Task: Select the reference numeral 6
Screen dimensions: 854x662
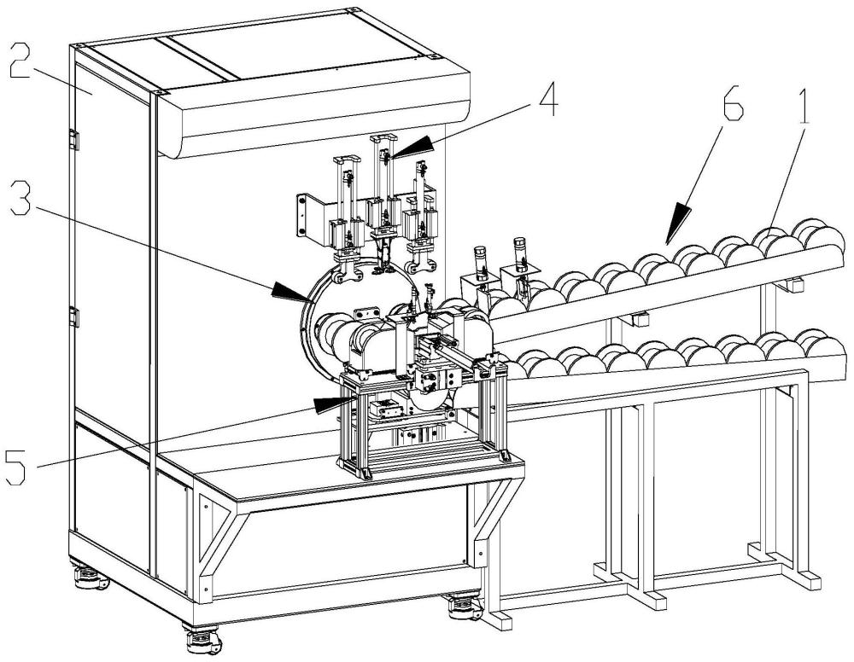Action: point(732,102)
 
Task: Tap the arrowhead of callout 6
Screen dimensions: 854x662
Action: point(678,222)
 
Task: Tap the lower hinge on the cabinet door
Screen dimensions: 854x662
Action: point(74,316)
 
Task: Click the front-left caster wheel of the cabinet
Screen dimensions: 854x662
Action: point(202,641)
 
